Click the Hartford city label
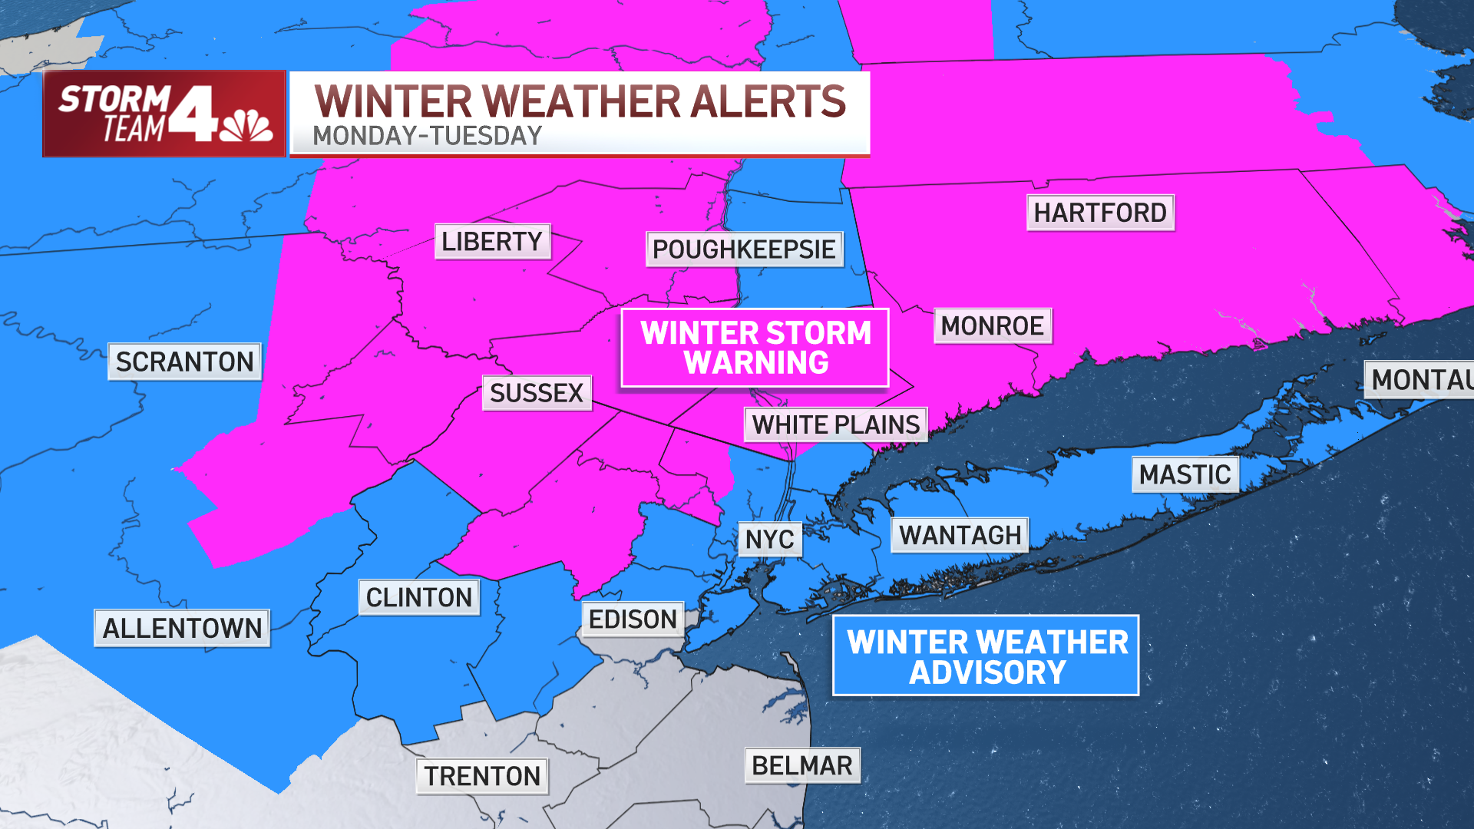coord(1100,213)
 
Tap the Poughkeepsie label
coord(744,249)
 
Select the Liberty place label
coord(492,242)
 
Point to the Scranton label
coord(184,362)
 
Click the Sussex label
coord(537,393)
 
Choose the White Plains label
coord(835,424)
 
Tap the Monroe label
coord(992,326)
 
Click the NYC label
coord(770,540)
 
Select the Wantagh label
coord(960,535)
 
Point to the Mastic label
coord(1185,475)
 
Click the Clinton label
coord(419,597)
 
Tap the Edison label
coord(633,619)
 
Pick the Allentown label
coord(182,629)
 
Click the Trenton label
coord(483,776)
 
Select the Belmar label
coord(802,766)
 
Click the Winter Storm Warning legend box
coord(755,348)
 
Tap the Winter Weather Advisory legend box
coord(987,656)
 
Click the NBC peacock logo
coord(246,127)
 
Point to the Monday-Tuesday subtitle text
coord(427,136)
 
